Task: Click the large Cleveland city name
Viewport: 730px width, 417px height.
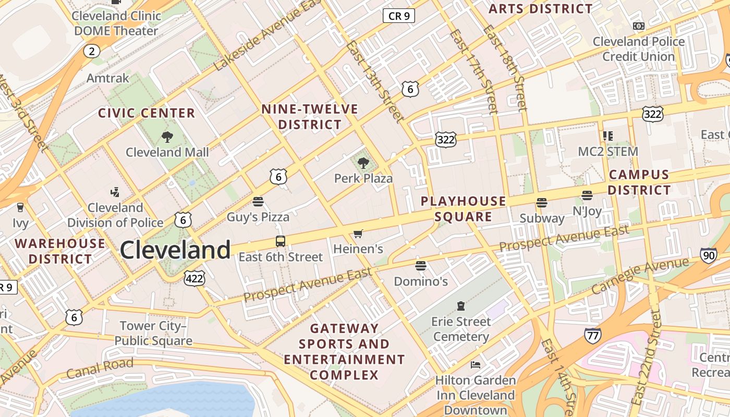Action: [175, 250]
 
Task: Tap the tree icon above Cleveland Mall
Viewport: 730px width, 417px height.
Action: [167, 137]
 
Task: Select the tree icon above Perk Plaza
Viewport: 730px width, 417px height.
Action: [363, 163]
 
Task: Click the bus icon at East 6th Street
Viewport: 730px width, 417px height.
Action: [281, 241]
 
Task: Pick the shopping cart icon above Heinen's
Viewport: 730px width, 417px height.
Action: [358, 234]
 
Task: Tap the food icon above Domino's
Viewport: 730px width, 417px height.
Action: [421, 266]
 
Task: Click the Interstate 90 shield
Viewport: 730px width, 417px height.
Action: [708, 255]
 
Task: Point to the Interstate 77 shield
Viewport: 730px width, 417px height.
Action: [592, 335]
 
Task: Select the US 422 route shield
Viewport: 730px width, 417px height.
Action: [194, 279]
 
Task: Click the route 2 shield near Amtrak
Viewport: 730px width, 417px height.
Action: [92, 51]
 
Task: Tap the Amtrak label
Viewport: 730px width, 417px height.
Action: [108, 78]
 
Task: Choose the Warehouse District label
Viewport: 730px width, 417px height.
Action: [60, 251]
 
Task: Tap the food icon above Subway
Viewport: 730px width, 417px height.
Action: [542, 203]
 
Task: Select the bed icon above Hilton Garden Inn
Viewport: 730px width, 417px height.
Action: [476, 364]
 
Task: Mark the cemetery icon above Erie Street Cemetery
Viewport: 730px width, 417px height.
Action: [461, 305]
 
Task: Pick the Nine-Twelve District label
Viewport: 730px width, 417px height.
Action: [310, 117]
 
